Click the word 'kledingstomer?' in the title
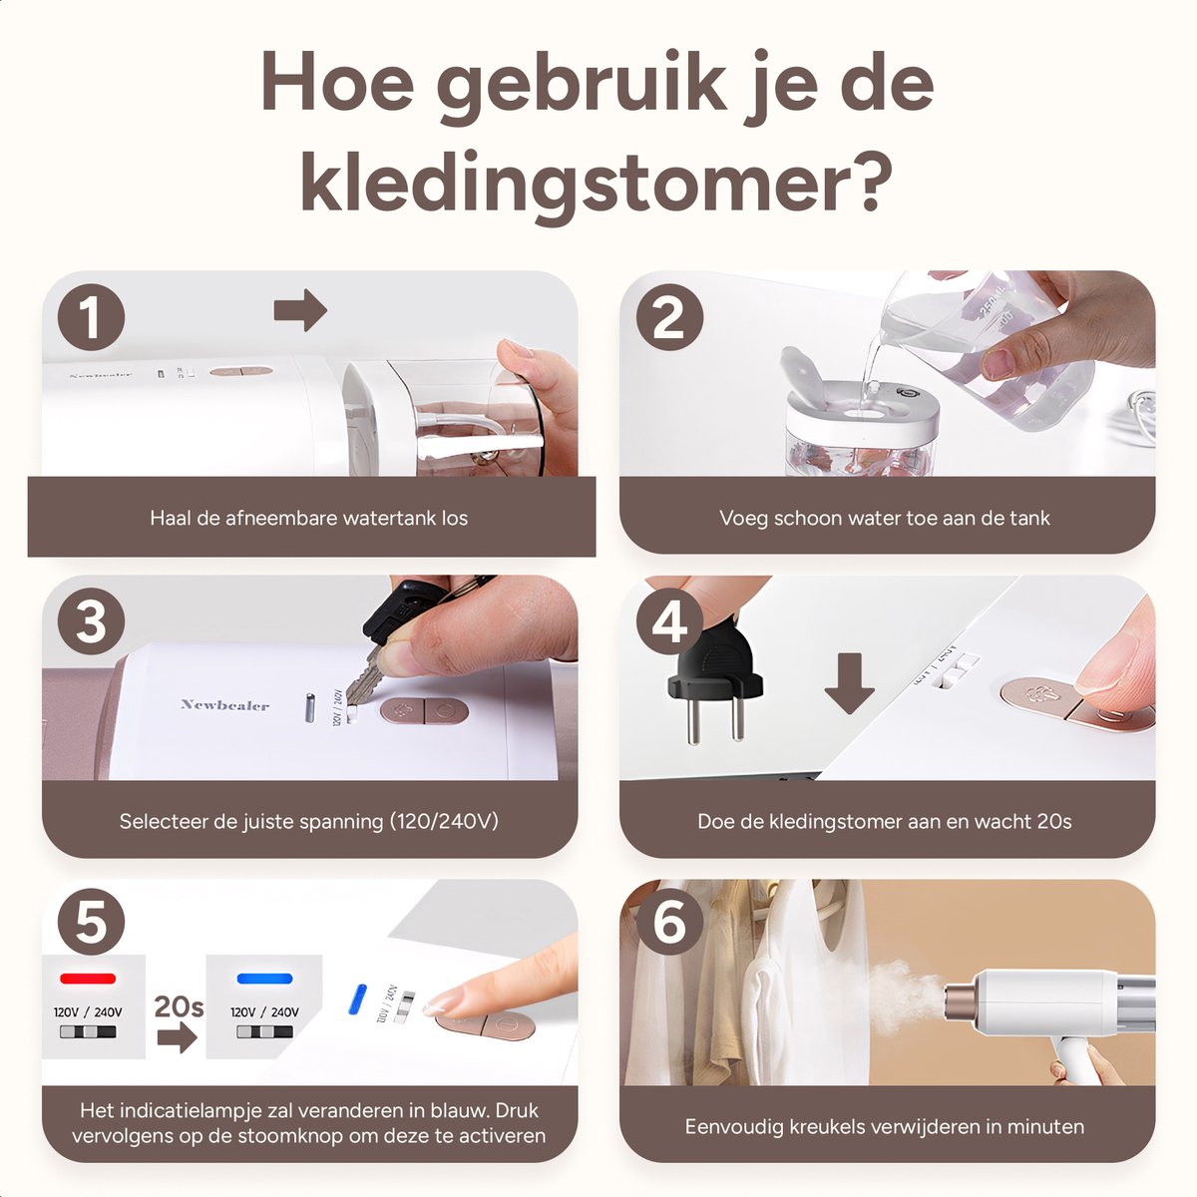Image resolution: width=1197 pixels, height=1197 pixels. click(597, 182)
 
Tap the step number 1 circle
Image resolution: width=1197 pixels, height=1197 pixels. click(92, 317)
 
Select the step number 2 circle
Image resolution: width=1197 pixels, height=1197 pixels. click(669, 317)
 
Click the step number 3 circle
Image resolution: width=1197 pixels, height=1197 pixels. click(92, 621)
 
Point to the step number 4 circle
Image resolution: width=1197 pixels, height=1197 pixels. click(669, 621)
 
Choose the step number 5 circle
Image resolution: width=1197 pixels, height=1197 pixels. click(92, 922)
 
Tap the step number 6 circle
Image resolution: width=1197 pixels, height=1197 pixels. click(669, 922)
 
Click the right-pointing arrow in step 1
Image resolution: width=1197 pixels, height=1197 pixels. click(300, 309)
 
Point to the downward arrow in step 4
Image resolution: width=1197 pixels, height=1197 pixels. click(849, 683)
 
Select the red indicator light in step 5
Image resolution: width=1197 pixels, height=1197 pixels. click(88, 979)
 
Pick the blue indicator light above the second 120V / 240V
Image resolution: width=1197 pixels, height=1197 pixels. click(264, 979)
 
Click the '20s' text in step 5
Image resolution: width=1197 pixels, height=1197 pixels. click(179, 1006)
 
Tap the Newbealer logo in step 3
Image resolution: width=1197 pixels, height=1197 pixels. click(224, 704)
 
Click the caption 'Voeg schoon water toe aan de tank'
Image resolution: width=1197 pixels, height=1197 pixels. click(885, 518)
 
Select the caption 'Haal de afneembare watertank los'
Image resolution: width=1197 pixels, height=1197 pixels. click(308, 518)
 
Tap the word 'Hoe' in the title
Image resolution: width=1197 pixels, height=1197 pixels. click(338, 82)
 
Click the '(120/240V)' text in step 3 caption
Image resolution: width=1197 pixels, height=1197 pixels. click(444, 821)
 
